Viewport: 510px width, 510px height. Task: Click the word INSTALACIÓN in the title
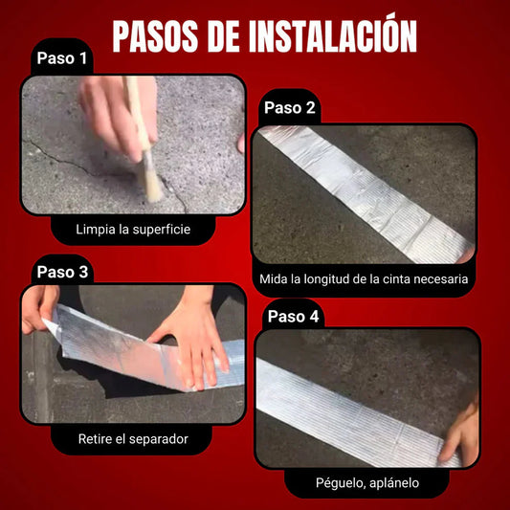(333, 33)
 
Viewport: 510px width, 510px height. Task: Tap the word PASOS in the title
(155, 36)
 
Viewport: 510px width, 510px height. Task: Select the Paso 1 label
(62, 58)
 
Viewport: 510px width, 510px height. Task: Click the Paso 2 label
(290, 108)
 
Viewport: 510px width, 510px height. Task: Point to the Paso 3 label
(62, 272)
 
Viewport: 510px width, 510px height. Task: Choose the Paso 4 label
(294, 316)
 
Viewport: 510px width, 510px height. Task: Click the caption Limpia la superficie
(133, 230)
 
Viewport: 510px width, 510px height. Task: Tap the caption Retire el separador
(133, 439)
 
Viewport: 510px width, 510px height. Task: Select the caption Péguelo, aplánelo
(367, 483)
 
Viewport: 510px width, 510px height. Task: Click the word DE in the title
(224, 36)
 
